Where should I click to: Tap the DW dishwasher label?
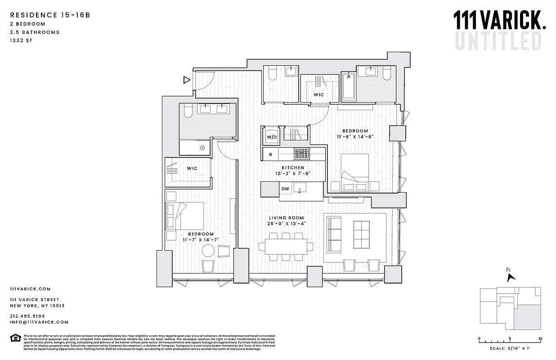(285, 189)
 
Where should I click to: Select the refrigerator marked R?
(270, 154)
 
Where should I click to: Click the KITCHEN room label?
(293, 168)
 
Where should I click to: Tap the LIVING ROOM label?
(293, 218)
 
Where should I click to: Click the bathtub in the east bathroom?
(348, 88)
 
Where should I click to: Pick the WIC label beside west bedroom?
(192, 168)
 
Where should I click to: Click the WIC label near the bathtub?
(318, 94)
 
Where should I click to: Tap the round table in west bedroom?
(208, 251)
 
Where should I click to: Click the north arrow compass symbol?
(510, 275)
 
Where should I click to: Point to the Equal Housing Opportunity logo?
(15, 337)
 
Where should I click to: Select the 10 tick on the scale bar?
(540, 339)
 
